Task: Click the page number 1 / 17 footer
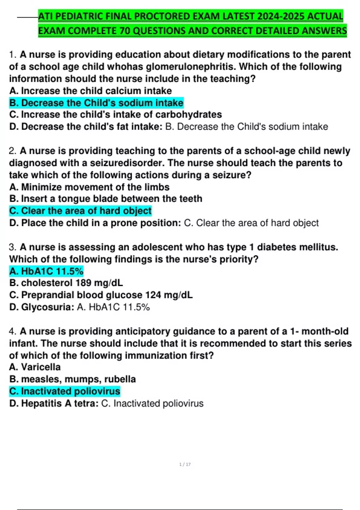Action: coord(185,464)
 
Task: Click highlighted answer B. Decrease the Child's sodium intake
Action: coord(96,103)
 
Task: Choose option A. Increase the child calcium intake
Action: coord(90,91)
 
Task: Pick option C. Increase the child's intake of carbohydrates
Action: coord(115,115)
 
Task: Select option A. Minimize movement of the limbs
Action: coord(89,187)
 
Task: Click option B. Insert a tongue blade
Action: coord(106,199)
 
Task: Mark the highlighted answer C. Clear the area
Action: coord(80,211)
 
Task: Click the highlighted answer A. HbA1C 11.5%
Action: coord(46,271)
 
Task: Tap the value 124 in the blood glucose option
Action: coord(153,295)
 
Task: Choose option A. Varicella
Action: coord(35,367)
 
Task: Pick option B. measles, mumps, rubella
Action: coord(72,379)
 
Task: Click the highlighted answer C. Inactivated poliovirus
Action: coord(64,391)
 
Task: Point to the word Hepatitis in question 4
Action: coord(41,403)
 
